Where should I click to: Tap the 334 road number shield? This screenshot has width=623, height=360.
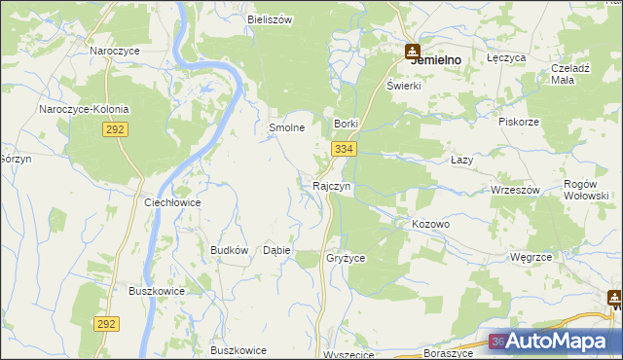[x=343, y=149]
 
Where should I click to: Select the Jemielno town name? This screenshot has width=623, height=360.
[x=436, y=59]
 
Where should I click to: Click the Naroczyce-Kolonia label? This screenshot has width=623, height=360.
[x=84, y=109]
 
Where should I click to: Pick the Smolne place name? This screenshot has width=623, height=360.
[x=287, y=127]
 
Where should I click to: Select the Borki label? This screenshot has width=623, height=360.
[x=348, y=125]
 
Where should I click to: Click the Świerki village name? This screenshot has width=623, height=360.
[x=402, y=85]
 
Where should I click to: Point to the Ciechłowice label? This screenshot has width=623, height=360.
[x=172, y=202]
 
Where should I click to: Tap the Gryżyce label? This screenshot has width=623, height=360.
[x=346, y=258]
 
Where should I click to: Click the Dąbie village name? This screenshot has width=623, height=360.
[x=277, y=250]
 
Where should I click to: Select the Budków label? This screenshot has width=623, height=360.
[x=230, y=250]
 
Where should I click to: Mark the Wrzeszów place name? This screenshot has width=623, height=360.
[x=515, y=190]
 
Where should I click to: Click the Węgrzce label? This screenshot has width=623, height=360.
[x=531, y=257]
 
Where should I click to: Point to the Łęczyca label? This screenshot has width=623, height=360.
[x=506, y=58]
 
